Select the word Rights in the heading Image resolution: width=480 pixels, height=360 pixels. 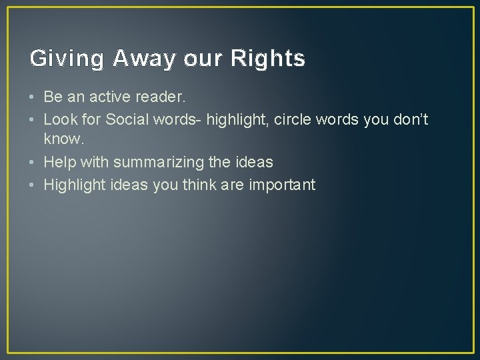[267, 59]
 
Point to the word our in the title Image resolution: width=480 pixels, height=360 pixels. [198, 59]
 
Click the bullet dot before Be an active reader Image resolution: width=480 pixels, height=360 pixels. [33, 97]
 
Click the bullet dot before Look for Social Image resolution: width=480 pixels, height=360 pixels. [33, 119]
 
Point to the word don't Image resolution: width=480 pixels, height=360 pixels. [405, 119]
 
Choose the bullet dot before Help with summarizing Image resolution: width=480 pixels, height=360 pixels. [33, 162]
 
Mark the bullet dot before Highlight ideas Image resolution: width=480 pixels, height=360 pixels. [33, 185]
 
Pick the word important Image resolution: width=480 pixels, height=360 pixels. [281, 185]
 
